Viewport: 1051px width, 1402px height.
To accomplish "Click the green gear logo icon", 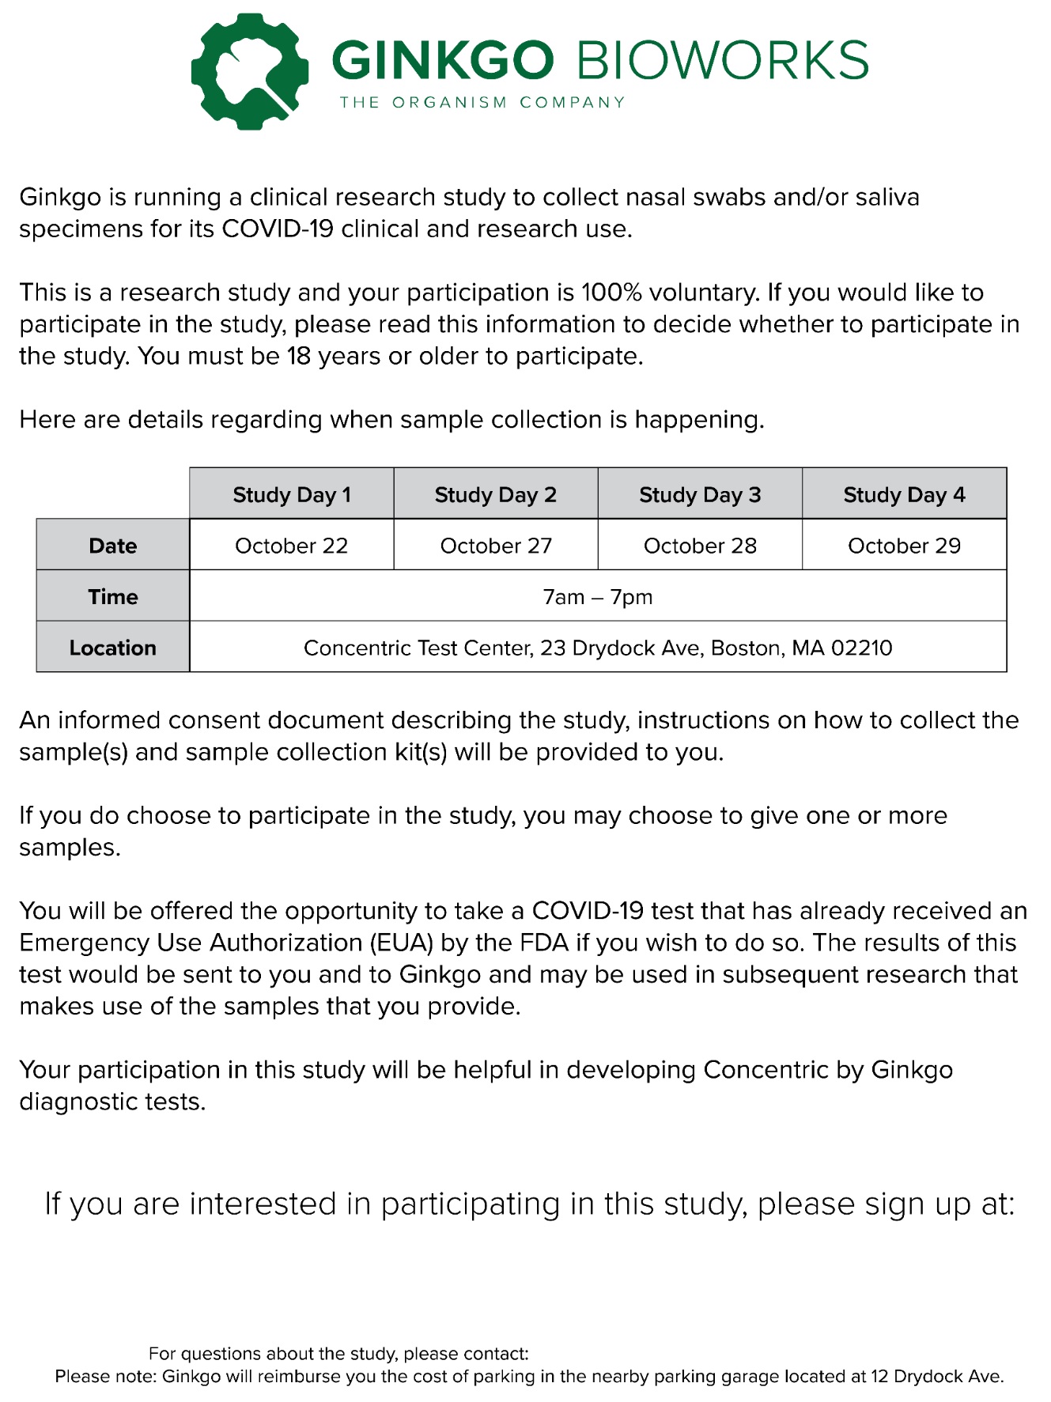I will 250,71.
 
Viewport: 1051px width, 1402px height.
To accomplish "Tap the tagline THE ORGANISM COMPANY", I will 482,103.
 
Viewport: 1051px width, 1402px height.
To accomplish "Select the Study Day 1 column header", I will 291,495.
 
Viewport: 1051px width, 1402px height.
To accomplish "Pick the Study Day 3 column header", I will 700,495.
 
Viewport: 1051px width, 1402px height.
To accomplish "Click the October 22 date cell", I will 291,546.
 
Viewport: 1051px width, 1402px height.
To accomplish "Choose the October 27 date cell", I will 496,546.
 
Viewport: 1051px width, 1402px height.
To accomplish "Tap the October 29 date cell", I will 904,546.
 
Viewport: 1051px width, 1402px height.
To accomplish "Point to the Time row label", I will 113,596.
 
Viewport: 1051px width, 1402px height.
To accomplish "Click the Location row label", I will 113,648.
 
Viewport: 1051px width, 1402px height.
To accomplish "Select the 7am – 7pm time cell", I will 598,596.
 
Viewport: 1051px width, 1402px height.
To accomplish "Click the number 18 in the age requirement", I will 299,357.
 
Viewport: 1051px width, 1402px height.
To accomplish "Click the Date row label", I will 113,546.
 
